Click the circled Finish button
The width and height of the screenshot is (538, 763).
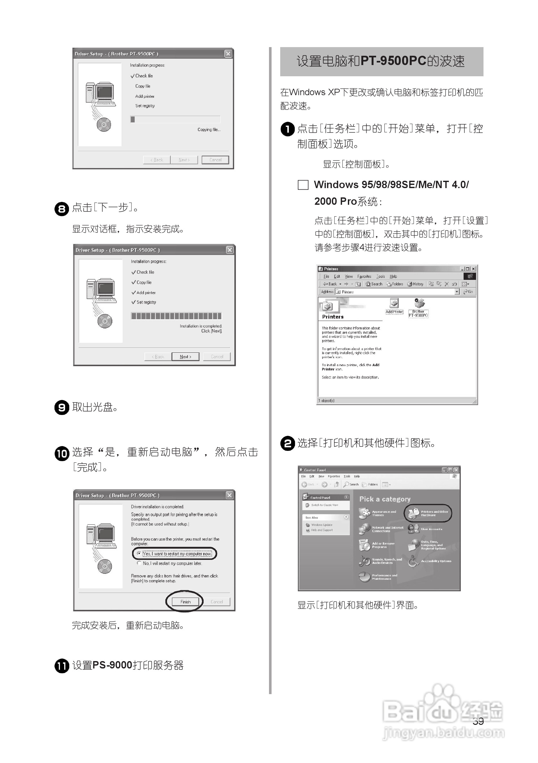[185, 601]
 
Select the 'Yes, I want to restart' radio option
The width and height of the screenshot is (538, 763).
[139, 553]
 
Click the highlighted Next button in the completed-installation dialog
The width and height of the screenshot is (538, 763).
[185, 357]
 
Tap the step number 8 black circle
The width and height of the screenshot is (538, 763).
[62, 209]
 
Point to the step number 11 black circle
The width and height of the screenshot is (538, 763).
[62, 666]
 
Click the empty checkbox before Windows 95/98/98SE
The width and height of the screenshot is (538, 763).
[303, 185]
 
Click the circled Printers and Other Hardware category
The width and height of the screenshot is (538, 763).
[428, 513]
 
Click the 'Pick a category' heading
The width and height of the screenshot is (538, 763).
[385, 499]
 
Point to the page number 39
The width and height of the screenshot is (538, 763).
[478, 721]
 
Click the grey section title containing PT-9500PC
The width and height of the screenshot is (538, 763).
[382, 62]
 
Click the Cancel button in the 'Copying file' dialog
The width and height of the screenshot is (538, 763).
[215, 160]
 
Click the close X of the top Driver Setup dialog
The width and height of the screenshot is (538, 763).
[228, 54]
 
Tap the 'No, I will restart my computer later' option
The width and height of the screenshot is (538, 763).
[139, 563]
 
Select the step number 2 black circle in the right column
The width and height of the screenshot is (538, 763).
[288, 443]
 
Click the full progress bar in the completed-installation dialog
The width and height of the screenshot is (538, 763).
[176, 316]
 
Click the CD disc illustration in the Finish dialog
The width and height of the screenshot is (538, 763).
[105, 566]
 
